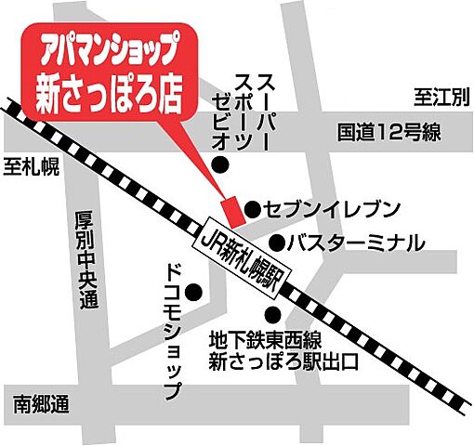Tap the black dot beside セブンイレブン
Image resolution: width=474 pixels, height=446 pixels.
[251, 207]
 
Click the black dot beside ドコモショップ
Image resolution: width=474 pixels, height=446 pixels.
[194, 295]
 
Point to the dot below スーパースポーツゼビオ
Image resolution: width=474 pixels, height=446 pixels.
[221, 165]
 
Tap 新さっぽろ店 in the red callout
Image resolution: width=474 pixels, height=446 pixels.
[105, 95]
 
